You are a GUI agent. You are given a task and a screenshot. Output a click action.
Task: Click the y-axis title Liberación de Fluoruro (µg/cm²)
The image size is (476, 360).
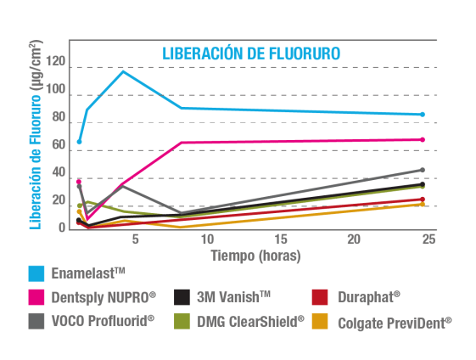tap(36, 136)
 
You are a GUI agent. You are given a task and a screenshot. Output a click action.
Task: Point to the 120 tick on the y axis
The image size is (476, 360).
tap(56, 61)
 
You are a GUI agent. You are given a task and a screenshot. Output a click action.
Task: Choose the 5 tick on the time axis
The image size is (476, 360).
tap(134, 239)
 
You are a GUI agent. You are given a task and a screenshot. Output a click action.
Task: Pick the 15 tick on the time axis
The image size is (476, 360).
tap(281, 239)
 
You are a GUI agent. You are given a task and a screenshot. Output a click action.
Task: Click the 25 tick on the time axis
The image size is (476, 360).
tap(428, 239)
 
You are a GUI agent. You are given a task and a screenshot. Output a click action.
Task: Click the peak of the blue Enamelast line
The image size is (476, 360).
tap(123, 71)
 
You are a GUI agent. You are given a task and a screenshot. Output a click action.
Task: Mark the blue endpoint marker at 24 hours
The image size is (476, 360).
tap(423, 115)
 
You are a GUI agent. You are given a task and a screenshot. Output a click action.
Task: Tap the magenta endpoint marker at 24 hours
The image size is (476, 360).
tap(423, 139)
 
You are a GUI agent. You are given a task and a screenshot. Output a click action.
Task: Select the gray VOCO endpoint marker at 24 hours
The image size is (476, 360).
tap(423, 170)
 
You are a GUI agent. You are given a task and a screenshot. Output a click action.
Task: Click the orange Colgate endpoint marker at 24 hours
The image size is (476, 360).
tap(423, 204)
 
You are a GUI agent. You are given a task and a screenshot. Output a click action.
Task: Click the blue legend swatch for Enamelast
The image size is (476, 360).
tap(36, 273)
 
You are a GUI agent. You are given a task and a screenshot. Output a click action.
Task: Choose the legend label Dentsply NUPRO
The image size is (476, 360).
tap(104, 297)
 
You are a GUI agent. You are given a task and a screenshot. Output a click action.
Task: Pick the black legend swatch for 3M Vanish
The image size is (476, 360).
tap(182, 297)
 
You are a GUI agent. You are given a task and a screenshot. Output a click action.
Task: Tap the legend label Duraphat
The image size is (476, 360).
tap(368, 297)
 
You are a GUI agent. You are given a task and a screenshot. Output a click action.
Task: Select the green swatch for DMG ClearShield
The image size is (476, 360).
tap(182, 321)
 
